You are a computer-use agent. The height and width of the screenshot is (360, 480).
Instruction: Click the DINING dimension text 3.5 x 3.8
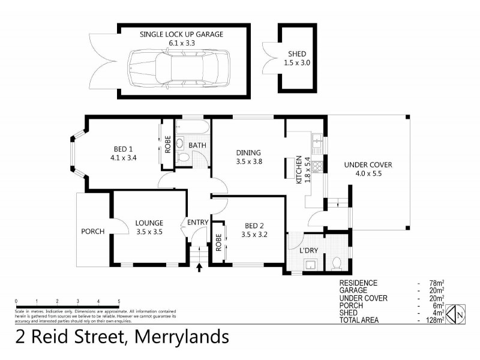tap(250, 161)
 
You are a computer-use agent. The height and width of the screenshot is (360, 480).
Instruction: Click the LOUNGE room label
tap(149, 223)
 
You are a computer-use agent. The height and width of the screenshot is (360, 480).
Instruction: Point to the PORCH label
tap(93, 232)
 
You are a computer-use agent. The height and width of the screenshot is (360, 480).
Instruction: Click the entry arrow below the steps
tap(199, 268)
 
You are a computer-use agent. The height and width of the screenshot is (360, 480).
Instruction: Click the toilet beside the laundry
tap(337, 263)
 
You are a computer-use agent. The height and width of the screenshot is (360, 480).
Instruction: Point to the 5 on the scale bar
tap(119, 301)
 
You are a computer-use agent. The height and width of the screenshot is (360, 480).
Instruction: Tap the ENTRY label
tap(197, 223)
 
